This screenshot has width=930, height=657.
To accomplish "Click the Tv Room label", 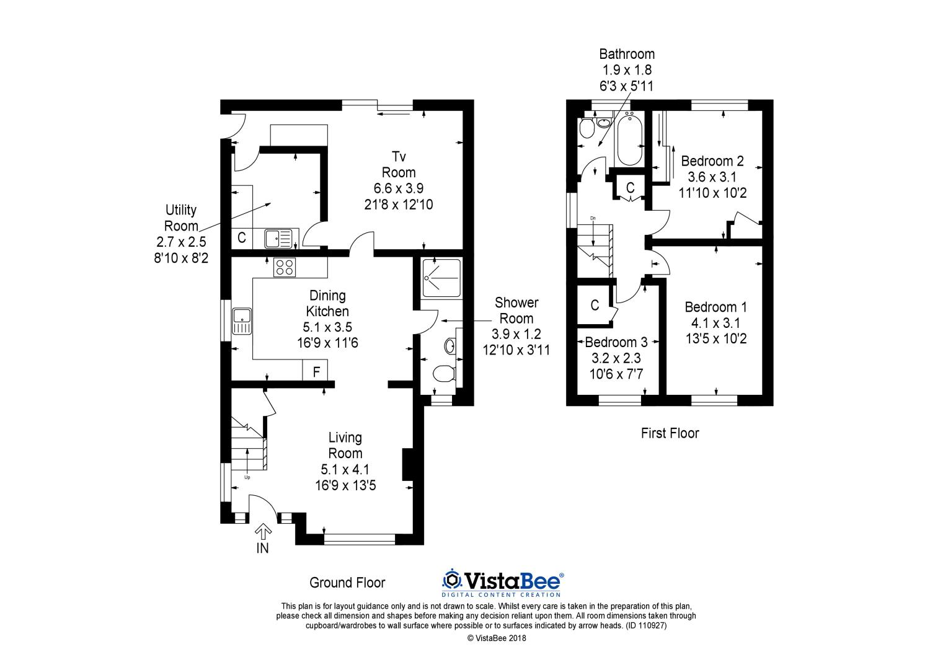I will (398, 164).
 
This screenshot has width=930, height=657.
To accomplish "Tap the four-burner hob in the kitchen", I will (285, 267).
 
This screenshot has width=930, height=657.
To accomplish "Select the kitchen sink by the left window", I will (241, 321).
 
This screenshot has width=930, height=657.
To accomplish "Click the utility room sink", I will (278, 237).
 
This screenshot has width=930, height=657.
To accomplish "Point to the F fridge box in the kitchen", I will (316, 372).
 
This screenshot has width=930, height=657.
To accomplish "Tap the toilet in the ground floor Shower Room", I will (444, 374).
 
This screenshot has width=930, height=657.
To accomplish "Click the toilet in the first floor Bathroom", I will (585, 129).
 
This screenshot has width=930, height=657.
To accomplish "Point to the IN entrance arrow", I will (263, 533).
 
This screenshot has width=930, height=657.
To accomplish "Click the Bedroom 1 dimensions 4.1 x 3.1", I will (716, 323).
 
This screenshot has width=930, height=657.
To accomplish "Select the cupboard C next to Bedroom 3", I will (595, 305).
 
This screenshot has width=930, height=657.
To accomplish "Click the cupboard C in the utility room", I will (242, 237).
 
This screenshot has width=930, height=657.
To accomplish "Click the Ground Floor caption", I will (347, 583).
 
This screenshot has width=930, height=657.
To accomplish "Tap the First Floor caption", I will (670, 433).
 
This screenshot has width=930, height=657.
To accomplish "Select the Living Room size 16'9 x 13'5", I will (345, 485).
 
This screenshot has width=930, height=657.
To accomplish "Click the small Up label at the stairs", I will (247, 477).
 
